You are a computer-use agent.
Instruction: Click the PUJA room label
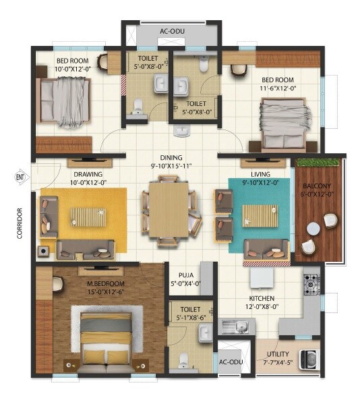tap(181, 275)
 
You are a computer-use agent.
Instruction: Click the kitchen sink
tap(233, 327)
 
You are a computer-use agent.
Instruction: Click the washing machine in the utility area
tap(309, 359)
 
